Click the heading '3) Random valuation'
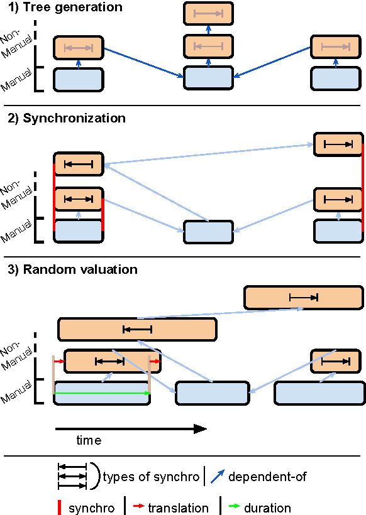click(72, 270)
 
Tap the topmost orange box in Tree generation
click(208, 13)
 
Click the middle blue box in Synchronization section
click(208, 232)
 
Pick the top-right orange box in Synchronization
click(338, 144)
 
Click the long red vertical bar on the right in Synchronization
click(363, 187)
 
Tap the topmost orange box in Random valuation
click(304, 298)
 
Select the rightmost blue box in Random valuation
click(319, 393)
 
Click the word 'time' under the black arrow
click(89, 440)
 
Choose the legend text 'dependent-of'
click(267, 477)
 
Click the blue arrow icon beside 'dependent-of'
click(218, 477)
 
